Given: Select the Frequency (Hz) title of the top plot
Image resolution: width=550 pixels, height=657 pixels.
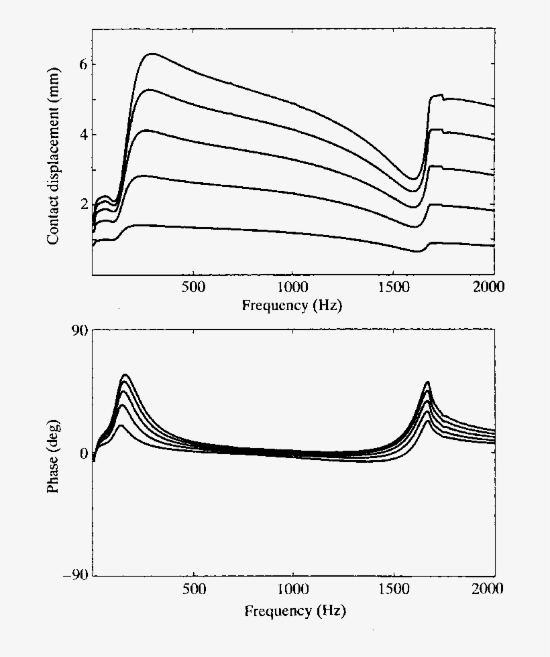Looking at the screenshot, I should (x=293, y=306).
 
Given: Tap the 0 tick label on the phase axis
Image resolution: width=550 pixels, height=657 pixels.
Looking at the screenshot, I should (x=83, y=453).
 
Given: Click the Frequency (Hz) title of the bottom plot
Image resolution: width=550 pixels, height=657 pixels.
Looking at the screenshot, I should (x=295, y=611).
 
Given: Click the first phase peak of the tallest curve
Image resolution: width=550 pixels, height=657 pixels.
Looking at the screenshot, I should (x=125, y=375).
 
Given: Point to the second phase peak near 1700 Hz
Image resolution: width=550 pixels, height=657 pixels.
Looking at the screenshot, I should (x=427, y=382).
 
